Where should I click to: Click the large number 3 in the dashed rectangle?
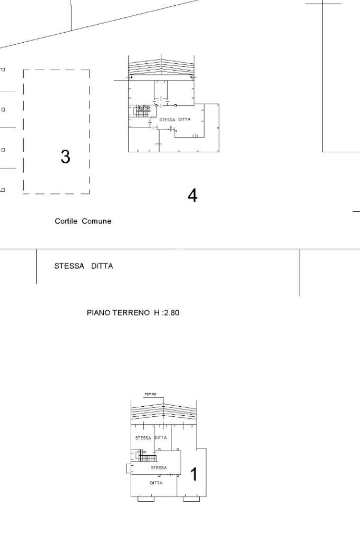tap(65, 156)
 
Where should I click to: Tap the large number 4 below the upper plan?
tap(192, 196)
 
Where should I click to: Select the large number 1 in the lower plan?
tap(193, 475)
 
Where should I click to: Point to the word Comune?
tap(97, 221)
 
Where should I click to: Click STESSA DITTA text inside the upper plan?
tap(174, 120)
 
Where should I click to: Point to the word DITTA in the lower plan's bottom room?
tap(155, 483)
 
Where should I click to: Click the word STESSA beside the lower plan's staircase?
tap(158, 467)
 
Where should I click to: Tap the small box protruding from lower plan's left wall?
tap(128, 468)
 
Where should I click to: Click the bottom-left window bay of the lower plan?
tap(146, 499)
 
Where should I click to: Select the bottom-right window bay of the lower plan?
tap(191, 499)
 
